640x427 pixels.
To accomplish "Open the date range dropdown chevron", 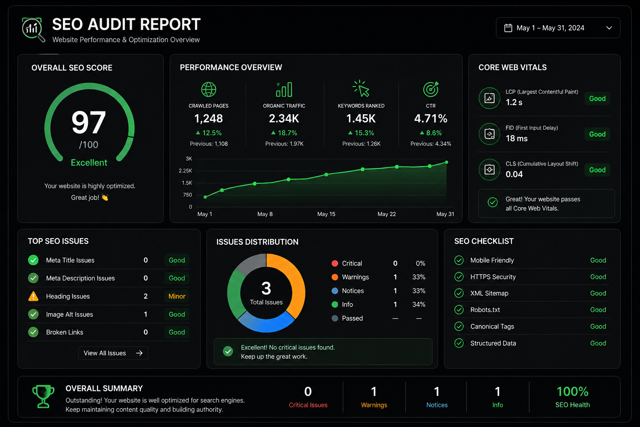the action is pyautogui.click(x=609, y=28).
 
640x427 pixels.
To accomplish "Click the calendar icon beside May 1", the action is pyautogui.click(x=508, y=28).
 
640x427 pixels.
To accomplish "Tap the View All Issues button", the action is pyautogui.click(x=113, y=353).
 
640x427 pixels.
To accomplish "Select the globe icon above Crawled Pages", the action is pyautogui.click(x=209, y=90).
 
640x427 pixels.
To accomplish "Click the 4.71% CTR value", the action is pyautogui.click(x=430, y=118).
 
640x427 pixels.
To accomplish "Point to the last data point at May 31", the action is pyautogui.click(x=446, y=163).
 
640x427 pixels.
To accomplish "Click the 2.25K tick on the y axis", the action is pyautogui.click(x=185, y=171).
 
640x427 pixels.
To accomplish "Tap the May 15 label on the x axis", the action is pyautogui.click(x=326, y=214).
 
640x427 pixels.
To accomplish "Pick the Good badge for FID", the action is pyautogui.click(x=597, y=134).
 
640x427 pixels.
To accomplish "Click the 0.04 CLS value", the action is pyautogui.click(x=514, y=174).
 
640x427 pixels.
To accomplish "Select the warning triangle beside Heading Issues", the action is pyautogui.click(x=33, y=296).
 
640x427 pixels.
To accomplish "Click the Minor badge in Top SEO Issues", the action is pyautogui.click(x=177, y=296).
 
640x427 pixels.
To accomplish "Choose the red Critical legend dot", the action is pyautogui.click(x=335, y=263).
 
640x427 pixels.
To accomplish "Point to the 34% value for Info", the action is pyautogui.click(x=419, y=304).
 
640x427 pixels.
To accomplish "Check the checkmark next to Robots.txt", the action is pyautogui.click(x=459, y=310).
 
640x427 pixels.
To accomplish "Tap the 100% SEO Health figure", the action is pyautogui.click(x=572, y=392).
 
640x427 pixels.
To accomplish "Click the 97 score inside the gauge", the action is pyautogui.click(x=89, y=123).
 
